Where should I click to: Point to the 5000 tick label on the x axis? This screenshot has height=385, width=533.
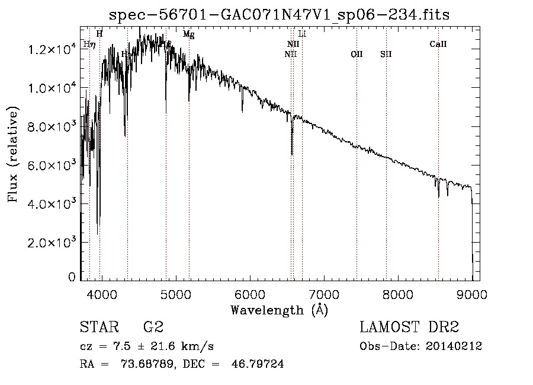pos(175,294)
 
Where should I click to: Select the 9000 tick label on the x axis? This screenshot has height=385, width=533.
pos(472,294)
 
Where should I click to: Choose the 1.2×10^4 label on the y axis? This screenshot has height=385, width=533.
pos(52,50)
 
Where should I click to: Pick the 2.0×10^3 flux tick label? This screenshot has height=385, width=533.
pos(52,243)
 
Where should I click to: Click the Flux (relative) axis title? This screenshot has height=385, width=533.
pos(13,154)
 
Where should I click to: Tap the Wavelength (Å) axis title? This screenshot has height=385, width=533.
pos(279,310)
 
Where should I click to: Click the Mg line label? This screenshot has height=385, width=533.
pos(188,34)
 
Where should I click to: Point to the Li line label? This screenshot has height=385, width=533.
pos(302,34)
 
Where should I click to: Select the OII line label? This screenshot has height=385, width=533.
pos(357,54)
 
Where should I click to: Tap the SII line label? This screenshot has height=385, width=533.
pos(386,54)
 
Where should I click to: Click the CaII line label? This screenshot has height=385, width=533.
pos(438,44)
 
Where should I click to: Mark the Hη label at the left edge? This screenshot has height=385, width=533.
pos(88,44)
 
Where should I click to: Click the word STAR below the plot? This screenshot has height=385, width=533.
pos(97,327)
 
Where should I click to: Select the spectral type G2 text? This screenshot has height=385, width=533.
pos(153,327)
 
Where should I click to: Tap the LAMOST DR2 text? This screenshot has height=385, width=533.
pos(409,327)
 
